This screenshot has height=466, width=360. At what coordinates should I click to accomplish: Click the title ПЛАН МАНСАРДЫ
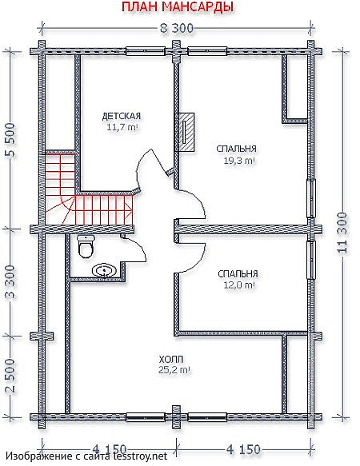click(x=177, y=7)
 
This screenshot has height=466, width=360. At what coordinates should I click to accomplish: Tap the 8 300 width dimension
click(x=177, y=29)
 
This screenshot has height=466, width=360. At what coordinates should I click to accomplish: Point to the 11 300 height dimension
click(x=342, y=233)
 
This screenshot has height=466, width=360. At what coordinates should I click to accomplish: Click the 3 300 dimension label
click(x=10, y=283)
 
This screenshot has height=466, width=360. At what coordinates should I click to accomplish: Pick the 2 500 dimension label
click(x=10, y=376)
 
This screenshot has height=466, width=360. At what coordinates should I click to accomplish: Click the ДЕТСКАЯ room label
click(x=122, y=116)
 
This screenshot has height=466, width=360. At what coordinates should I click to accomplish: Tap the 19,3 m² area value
click(x=239, y=161)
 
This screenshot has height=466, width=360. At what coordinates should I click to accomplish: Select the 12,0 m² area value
click(x=239, y=285)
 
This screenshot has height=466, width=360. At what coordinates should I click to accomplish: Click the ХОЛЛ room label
click(x=171, y=360)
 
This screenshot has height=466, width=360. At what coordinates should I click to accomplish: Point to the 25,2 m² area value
click(x=174, y=370)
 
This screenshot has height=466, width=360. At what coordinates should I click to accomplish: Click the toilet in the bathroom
click(x=86, y=245)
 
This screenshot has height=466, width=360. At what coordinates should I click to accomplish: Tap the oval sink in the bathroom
click(x=105, y=271)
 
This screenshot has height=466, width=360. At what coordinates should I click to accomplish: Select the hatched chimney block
click(x=185, y=132)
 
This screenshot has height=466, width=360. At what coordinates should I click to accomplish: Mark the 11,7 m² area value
click(x=122, y=128)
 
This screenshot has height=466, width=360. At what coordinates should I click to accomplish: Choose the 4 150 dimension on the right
click(x=243, y=449)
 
